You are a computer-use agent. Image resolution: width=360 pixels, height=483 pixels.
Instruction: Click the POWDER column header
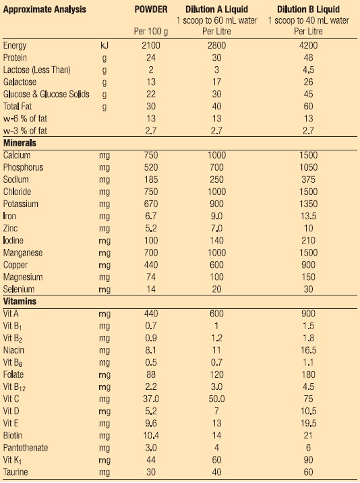[151, 9]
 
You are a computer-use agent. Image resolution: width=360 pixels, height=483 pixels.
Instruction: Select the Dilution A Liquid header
[217, 9]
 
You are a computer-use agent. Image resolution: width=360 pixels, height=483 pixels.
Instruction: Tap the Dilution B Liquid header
[308, 9]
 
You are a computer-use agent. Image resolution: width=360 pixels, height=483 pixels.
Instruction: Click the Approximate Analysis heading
[44, 9]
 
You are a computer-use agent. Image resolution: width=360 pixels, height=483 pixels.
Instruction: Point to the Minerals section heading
[20, 143]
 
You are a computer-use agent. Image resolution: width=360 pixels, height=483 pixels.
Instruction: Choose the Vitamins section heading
[20, 302]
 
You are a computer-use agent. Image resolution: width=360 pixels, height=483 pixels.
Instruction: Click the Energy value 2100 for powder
[151, 46]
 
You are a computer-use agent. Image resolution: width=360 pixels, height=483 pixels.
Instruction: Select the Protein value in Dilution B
[308, 57]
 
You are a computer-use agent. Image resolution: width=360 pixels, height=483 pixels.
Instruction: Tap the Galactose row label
[20, 82]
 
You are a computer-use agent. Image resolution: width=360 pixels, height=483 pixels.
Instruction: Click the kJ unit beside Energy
[104, 46]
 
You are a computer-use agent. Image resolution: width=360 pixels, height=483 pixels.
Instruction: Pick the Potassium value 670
[151, 204]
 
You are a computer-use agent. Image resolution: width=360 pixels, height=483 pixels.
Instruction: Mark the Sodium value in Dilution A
[217, 179]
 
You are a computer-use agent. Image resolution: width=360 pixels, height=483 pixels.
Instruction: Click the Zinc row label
[10, 228]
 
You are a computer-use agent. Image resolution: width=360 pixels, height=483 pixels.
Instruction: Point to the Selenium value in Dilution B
[308, 289]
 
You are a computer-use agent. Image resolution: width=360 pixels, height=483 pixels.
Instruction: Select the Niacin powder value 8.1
[151, 350]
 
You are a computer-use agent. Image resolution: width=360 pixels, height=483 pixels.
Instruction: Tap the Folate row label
[13, 374]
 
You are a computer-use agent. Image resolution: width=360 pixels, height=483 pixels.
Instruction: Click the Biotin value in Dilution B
[308, 436]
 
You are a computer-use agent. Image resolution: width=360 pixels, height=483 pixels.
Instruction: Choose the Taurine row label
[16, 472]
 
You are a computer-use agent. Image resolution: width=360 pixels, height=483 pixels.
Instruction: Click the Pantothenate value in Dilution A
[217, 448]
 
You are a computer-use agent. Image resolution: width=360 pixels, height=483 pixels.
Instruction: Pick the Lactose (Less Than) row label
[36, 70]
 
